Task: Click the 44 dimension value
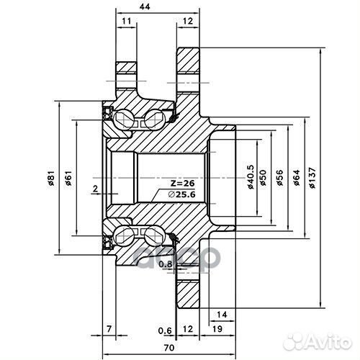(146, 6)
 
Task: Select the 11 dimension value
(127, 22)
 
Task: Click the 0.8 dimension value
(164, 265)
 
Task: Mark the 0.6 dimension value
(164, 330)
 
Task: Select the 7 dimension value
(109, 330)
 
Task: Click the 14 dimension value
(221, 315)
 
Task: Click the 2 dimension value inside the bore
(95, 189)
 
